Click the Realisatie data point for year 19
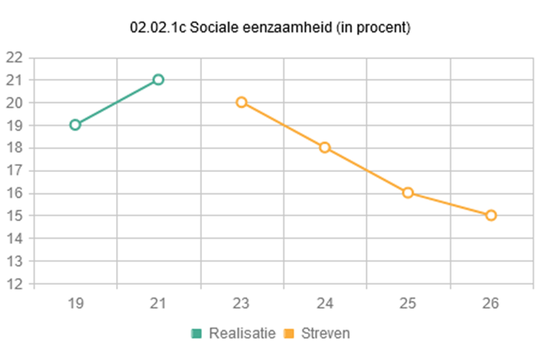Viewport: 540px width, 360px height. [75, 124]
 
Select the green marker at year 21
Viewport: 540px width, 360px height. [158, 79]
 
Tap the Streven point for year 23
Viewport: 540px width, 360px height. [241, 102]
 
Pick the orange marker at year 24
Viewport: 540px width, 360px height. [325, 147]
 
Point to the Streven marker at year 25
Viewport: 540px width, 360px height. [408, 193]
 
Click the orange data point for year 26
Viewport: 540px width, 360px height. [491, 215]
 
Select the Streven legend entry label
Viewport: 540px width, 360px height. [325, 333]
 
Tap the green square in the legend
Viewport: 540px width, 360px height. [197, 333]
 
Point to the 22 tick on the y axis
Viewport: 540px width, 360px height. [14, 58]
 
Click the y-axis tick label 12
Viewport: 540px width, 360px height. [14, 284]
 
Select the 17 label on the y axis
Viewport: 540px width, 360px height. [14, 170]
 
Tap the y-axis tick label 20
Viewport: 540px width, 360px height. [14, 103]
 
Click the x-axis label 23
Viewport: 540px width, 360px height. [241, 303]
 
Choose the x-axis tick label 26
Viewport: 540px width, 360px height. [491, 303]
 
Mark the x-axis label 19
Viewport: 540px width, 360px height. [75, 303]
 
